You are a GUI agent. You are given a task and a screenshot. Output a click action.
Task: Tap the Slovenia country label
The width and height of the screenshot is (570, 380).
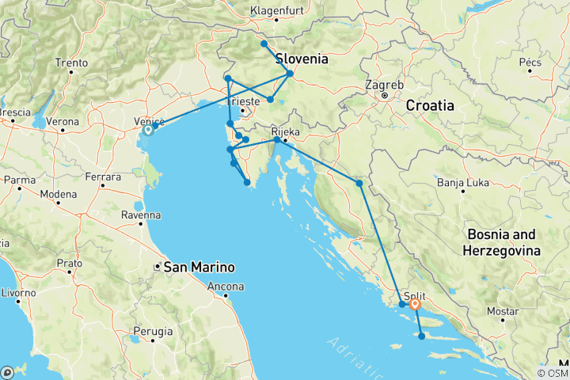pyautogui.click(x=302, y=59)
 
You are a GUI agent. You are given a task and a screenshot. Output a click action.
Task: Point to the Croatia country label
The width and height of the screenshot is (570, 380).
pyautogui.click(x=430, y=104)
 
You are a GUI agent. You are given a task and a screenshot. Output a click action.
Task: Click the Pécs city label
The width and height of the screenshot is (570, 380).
pyautogui.click(x=529, y=61)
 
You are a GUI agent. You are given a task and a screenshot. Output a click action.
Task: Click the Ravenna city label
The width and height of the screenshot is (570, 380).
pyautogui.click(x=141, y=215)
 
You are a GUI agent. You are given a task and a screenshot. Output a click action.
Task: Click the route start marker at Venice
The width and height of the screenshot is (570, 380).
pyautogui.click(x=148, y=130)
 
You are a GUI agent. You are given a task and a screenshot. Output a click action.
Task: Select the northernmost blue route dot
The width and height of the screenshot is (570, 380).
pyautogui.click(x=264, y=44)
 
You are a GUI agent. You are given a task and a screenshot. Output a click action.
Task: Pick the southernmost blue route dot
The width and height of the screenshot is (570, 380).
pyautogui.click(x=421, y=336)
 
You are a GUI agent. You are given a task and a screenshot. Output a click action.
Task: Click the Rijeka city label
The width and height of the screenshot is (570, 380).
pyautogui.click(x=285, y=131)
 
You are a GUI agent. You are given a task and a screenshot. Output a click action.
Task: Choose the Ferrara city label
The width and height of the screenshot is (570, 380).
pyautogui.click(x=104, y=175)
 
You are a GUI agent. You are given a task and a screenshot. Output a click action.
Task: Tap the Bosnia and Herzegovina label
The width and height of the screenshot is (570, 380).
pyautogui.click(x=503, y=241)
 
